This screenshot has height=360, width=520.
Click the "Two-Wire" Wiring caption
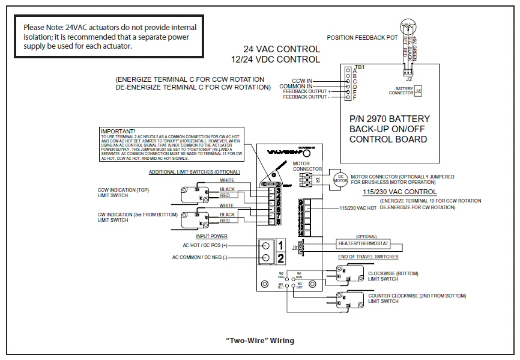(259, 341)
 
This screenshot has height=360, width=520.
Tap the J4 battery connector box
(418, 91)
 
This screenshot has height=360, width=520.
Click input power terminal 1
(280, 245)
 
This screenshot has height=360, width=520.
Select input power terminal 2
(280, 258)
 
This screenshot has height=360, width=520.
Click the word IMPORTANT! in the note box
(118, 131)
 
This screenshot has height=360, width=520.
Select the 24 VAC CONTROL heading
(281, 49)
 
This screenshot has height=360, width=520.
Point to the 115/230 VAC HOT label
(359, 208)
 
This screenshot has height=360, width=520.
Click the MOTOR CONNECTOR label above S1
(307, 166)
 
